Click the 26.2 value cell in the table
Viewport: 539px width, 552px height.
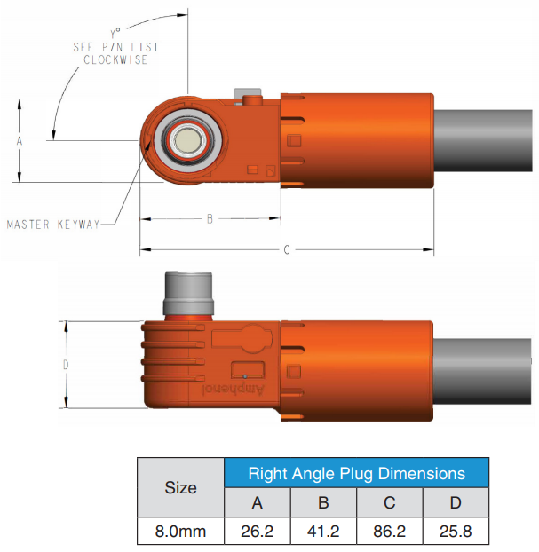click(258, 532)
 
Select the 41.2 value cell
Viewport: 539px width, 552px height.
click(323, 532)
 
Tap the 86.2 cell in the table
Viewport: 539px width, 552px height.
click(389, 532)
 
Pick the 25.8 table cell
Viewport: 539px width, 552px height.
click(456, 532)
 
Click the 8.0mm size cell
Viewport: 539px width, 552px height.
click(181, 532)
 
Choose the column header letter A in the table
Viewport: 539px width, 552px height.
click(258, 502)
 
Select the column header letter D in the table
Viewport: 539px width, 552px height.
click(456, 502)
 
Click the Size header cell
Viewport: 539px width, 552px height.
click(181, 487)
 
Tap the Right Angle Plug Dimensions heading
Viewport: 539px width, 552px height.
click(356, 474)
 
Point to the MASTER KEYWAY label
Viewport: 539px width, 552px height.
click(53, 225)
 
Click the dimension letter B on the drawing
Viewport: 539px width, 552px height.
click(210, 219)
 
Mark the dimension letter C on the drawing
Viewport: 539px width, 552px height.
click(287, 250)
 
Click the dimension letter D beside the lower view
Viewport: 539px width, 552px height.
click(66, 365)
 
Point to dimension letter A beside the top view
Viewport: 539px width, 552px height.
click(20, 141)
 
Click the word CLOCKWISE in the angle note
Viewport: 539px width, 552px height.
click(115, 59)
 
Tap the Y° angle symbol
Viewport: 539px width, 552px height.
click(115, 34)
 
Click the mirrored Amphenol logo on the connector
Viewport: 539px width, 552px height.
click(233, 390)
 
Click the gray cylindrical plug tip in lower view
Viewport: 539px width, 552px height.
click(188, 293)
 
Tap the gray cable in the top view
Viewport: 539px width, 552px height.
click(483, 140)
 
